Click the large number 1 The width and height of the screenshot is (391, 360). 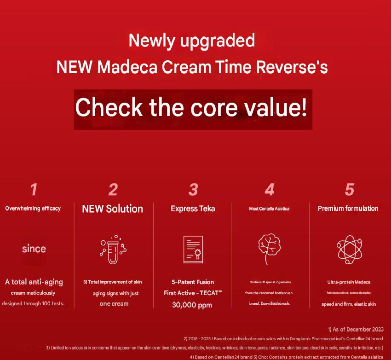34,189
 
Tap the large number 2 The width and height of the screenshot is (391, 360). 113,189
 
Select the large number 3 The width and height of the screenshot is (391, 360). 193,189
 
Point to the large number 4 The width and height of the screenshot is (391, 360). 270,189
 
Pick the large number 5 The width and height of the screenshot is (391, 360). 350,189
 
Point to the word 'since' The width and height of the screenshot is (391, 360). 34,249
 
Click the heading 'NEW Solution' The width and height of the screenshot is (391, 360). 113,209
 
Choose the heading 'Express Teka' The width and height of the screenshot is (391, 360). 193,209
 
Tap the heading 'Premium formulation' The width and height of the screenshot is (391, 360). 348,209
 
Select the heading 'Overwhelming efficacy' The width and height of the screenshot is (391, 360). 33,209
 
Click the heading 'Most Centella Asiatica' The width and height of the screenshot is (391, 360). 269,209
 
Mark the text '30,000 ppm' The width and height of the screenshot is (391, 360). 193,304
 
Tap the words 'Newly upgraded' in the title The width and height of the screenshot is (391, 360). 191,41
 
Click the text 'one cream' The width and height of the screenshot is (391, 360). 114,304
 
